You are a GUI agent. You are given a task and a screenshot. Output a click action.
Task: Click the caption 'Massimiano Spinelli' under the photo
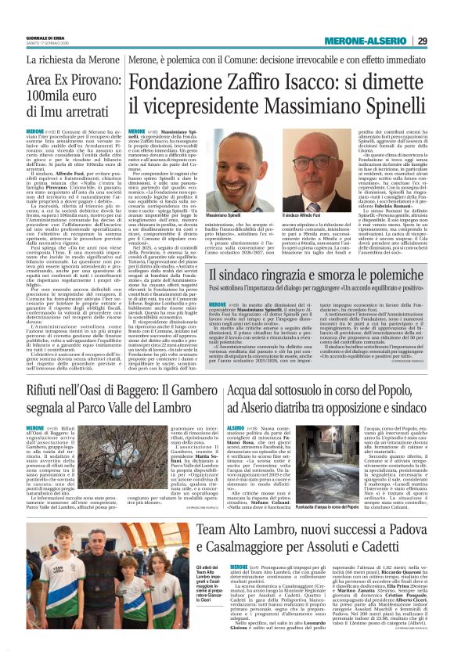[x=202, y=214]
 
